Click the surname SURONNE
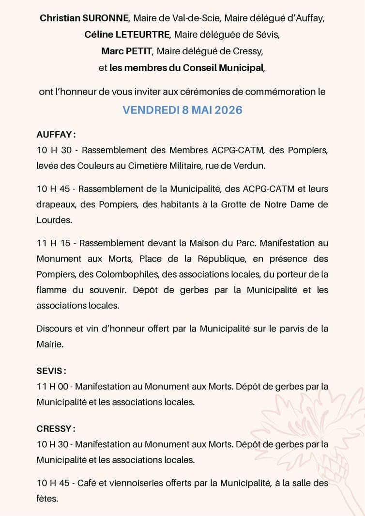(x=105, y=18)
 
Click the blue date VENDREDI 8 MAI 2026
(x=182, y=110)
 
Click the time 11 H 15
(x=53, y=243)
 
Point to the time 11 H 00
(x=53, y=386)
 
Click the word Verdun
(x=251, y=166)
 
